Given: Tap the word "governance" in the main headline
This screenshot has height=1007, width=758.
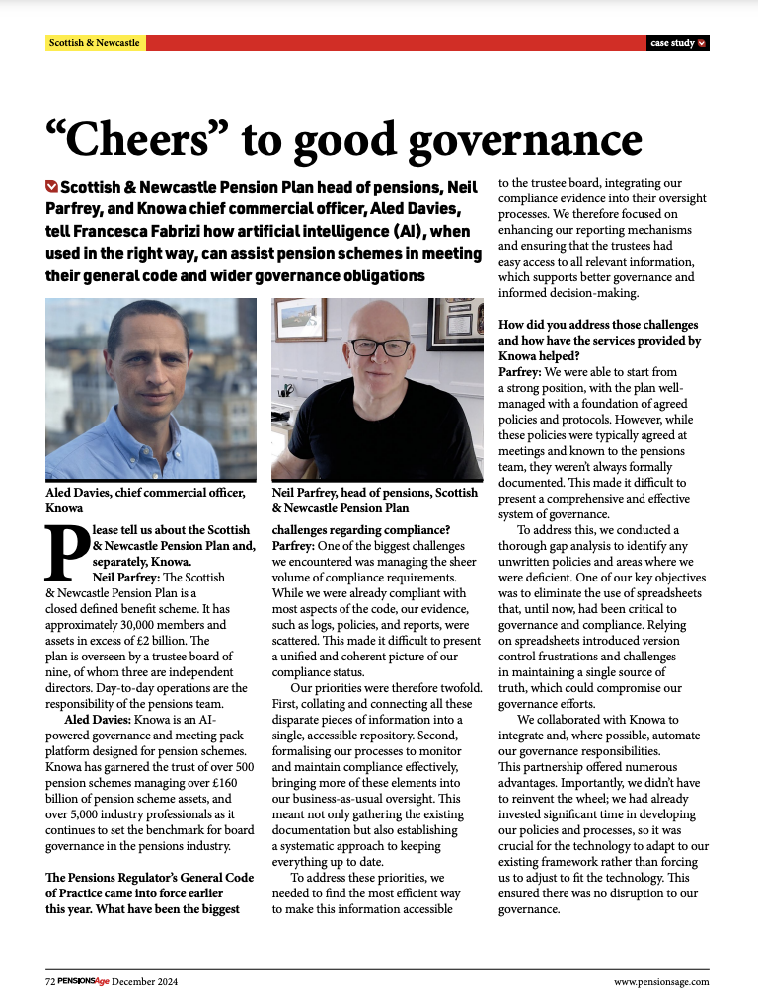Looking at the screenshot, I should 521,140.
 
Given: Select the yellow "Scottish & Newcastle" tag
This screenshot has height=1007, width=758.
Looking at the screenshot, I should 95,43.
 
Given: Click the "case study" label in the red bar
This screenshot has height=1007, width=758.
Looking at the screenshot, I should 672,43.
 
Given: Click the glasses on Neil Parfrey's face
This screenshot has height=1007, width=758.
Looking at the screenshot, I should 380,348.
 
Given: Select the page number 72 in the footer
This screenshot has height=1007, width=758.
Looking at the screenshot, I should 50,981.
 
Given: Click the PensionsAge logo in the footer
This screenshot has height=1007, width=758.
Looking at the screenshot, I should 83,981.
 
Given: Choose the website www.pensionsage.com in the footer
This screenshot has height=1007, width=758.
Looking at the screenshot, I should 660,981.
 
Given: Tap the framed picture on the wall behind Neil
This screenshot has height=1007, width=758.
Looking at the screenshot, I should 301,321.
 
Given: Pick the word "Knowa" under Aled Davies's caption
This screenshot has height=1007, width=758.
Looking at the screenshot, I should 64,507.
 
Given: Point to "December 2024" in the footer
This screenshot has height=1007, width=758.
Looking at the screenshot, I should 144,981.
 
